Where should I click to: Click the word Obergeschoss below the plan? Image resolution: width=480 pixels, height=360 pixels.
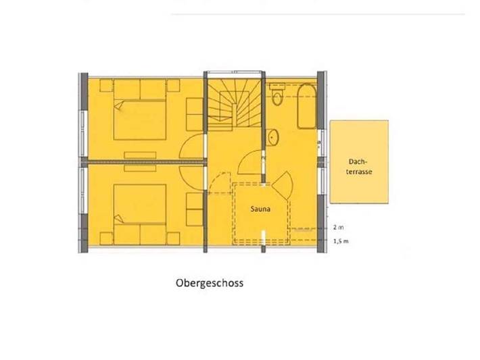(x=209, y=284)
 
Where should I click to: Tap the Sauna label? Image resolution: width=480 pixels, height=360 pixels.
(x=262, y=209)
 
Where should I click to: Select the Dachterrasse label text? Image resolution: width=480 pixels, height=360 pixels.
(x=358, y=167)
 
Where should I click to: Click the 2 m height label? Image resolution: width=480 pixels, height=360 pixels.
(x=338, y=228)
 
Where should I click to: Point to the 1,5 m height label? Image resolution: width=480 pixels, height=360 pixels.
(x=340, y=241)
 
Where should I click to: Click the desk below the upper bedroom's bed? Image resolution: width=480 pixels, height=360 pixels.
(x=140, y=155)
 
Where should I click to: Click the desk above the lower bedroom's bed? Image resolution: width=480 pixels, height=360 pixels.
(x=140, y=168)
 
